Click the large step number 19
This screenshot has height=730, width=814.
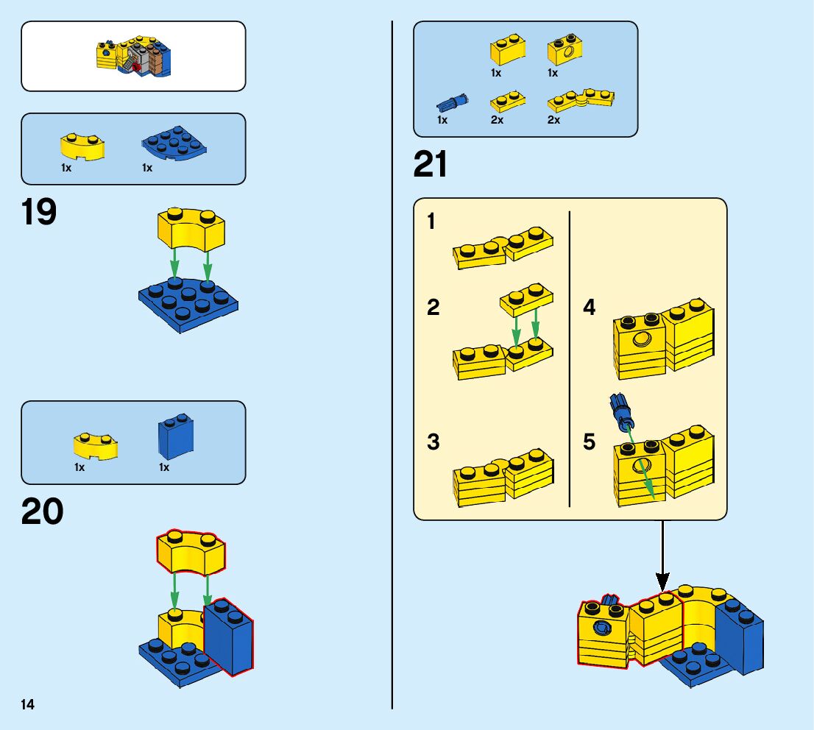39,213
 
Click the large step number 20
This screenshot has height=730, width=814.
42,512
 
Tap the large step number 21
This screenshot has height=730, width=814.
431,165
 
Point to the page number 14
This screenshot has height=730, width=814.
28,705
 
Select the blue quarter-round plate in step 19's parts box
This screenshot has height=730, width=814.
174,143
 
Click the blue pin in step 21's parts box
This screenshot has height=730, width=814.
451,102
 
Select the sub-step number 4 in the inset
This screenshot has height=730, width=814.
589,307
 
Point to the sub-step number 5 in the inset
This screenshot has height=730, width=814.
589,442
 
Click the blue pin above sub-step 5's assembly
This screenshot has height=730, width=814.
620,411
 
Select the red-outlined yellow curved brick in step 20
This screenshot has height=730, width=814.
191,550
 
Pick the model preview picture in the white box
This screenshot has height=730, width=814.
133,57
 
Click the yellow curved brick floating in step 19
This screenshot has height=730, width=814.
191,228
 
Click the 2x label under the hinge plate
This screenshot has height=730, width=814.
553,120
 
